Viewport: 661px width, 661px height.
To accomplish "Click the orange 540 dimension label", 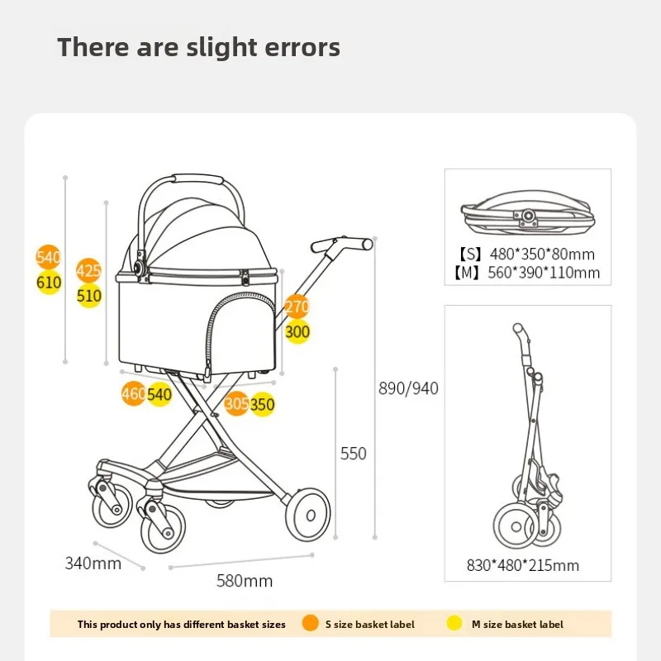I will point(49,257).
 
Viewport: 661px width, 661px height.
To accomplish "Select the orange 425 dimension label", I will point(88,270).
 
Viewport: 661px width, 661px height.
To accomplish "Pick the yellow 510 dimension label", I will point(89,296).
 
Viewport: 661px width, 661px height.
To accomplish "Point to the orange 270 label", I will point(297,307).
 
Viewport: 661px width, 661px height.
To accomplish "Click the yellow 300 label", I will point(297,332).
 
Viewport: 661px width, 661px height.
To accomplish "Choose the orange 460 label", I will point(134,394).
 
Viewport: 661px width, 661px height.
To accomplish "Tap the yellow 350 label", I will point(263,405).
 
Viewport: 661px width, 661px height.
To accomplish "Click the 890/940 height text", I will point(408,388).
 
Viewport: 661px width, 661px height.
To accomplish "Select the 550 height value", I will point(353,454).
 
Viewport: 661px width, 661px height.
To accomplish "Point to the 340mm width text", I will point(93,564).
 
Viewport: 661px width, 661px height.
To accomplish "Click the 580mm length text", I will point(245,581).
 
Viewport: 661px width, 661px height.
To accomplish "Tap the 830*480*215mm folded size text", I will point(523,566).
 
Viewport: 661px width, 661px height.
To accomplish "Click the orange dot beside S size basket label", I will point(311,624).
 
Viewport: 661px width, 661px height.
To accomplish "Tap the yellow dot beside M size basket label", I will point(456,624).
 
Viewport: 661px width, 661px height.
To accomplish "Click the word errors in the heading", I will point(299,47).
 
